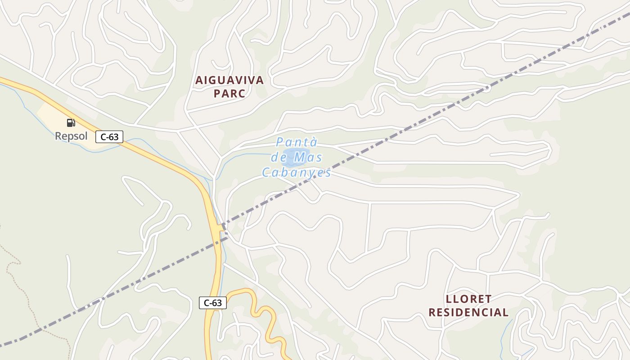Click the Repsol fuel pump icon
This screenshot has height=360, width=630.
[x=71, y=123]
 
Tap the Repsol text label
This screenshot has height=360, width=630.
[x=71, y=136]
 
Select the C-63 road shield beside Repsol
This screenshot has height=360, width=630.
[x=109, y=137]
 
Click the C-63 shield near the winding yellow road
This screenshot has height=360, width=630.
[x=213, y=303]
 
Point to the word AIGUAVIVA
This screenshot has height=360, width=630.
[x=229, y=81]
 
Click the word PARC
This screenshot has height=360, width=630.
[x=229, y=94]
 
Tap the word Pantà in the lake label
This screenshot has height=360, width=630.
[x=297, y=143]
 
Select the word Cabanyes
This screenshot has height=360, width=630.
[x=297, y=172]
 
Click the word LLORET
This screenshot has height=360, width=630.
[x=468, y=299]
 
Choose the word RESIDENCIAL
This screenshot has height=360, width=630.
[x=468, y=312]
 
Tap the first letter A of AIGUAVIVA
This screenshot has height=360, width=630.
[x=199, y=81]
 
